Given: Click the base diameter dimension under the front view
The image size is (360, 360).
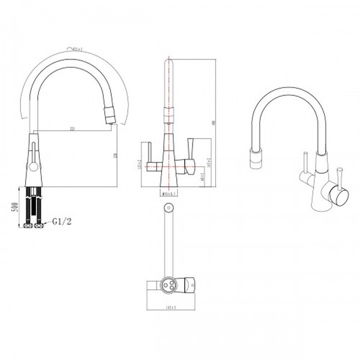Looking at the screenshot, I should (x=169, y=193).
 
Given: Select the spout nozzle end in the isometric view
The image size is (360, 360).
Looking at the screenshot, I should (x=253, y=157).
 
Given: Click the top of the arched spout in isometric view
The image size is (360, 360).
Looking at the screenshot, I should (x=285, y=91).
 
